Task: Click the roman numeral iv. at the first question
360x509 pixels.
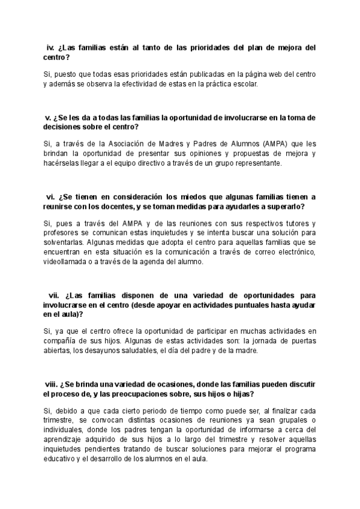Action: [51, 47]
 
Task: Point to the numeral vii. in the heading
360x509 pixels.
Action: [53, 295]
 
